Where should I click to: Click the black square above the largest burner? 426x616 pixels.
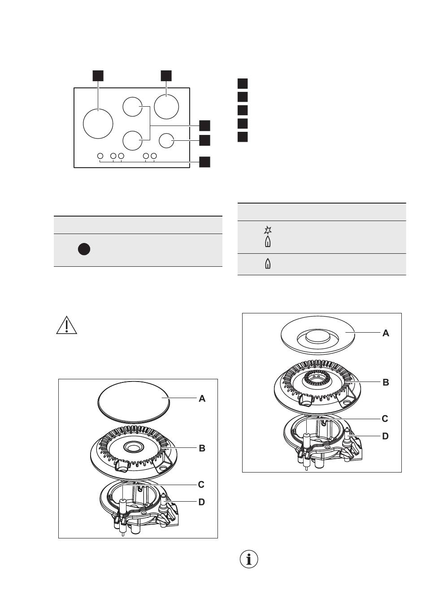click(98, 76)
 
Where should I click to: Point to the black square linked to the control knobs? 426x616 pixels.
click(204, 162)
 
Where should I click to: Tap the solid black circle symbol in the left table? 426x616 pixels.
click(84, 249)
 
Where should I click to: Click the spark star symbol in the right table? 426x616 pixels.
click(268, 230)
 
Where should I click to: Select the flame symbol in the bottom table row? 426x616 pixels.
click(268, 264)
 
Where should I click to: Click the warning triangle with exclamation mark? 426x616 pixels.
click(66, 325)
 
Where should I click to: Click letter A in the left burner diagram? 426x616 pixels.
click(202, 399)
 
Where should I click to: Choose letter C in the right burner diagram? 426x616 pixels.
click(385, 419)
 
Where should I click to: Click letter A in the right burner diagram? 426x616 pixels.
click(386, 333)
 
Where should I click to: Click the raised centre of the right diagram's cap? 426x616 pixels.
click(317, 337)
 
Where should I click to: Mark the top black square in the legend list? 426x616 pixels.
click(243, 83)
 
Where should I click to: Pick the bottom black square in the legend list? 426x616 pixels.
click(243, 137)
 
